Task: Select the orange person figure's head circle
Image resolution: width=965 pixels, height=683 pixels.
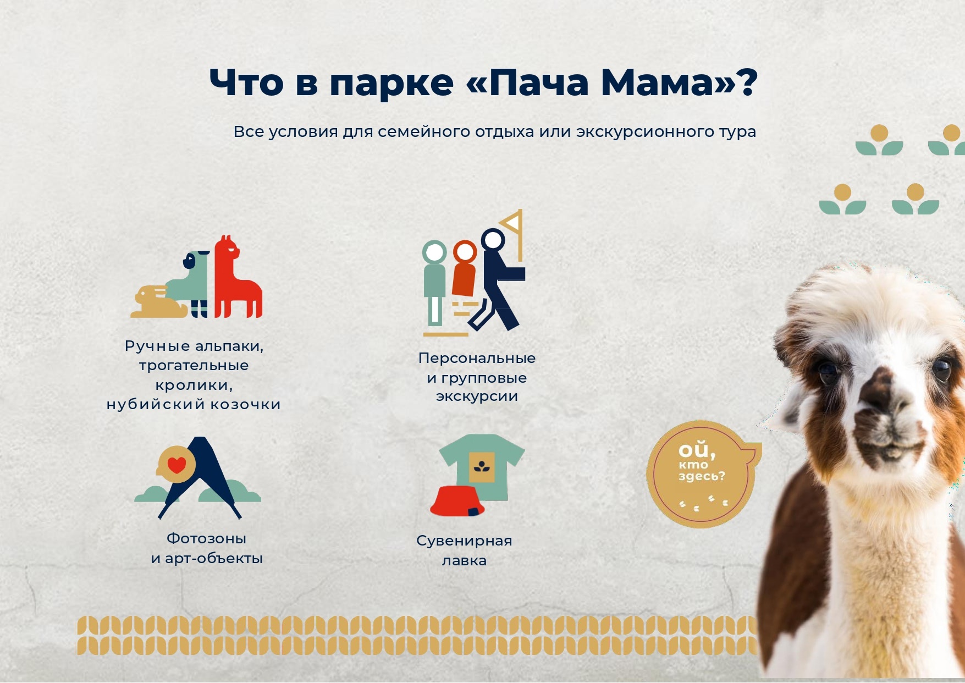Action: pyautogui.click(x=465, y=252)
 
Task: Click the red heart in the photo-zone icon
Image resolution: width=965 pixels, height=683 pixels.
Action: pyautogui.click(x=177, y=465)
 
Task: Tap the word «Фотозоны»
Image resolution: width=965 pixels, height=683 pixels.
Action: pyautogui.click(x=206, y=538)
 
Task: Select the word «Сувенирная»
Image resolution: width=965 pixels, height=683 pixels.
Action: pyautogui.click(x=464, y=541)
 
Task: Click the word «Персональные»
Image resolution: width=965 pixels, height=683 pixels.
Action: pyautogui.click(x=477, y=358)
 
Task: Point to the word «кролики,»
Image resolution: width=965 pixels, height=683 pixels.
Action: pyautogui.click(x=194, y=385)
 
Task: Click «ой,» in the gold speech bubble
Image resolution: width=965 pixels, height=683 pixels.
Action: pyautogui.click(x=697, y=450)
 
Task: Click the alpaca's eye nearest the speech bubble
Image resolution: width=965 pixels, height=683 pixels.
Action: pyautogui.click(x=827, y=372)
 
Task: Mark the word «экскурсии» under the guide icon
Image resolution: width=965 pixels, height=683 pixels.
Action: pyautogui.click(x=477, y=396)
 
